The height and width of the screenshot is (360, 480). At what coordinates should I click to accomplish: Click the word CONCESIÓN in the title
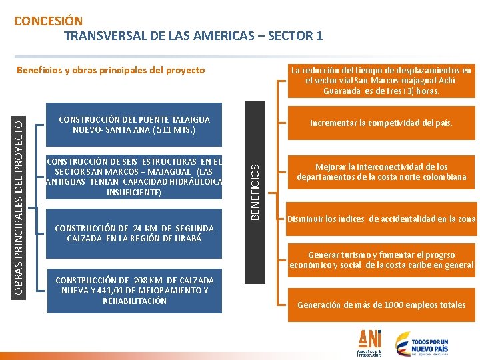click(49, 21)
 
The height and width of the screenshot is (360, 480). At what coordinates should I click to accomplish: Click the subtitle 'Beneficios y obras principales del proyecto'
click(111, 70)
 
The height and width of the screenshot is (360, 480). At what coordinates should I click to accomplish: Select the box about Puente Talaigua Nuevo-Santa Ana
click(134, 125)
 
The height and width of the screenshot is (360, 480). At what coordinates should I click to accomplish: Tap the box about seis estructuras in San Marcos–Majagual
click(134, 177)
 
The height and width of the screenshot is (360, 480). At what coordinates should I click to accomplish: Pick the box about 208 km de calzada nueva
click(134, 291)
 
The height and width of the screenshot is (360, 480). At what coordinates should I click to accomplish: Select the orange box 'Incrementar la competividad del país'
click(381, 123)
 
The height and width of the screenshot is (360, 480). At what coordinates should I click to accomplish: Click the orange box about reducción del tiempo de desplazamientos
click(381, 81)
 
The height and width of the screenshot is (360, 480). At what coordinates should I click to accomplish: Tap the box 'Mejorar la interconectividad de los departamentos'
click(381, 172)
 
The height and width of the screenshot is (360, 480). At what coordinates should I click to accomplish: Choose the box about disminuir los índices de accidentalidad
click(381, 219)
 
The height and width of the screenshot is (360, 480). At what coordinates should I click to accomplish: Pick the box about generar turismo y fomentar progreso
click(381, 260)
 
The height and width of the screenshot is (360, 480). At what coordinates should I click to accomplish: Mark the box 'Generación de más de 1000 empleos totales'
click(381, 305)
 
